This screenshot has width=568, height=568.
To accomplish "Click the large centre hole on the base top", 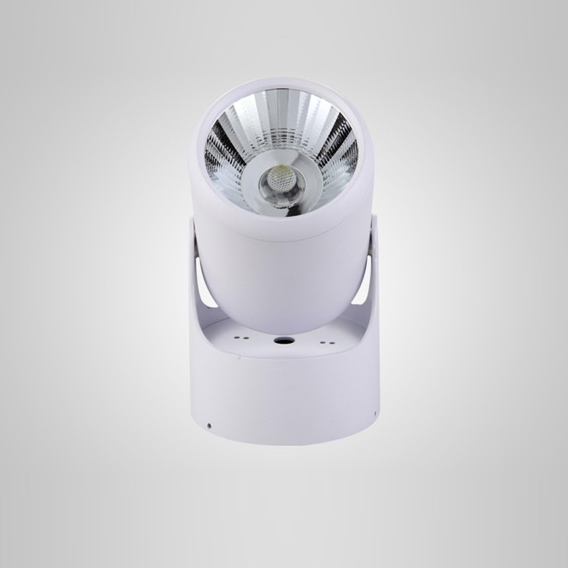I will tap(283, 341).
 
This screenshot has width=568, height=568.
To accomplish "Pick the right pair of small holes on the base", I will tap(325, 342).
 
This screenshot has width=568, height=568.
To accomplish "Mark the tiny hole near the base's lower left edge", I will tap(209, 425).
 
